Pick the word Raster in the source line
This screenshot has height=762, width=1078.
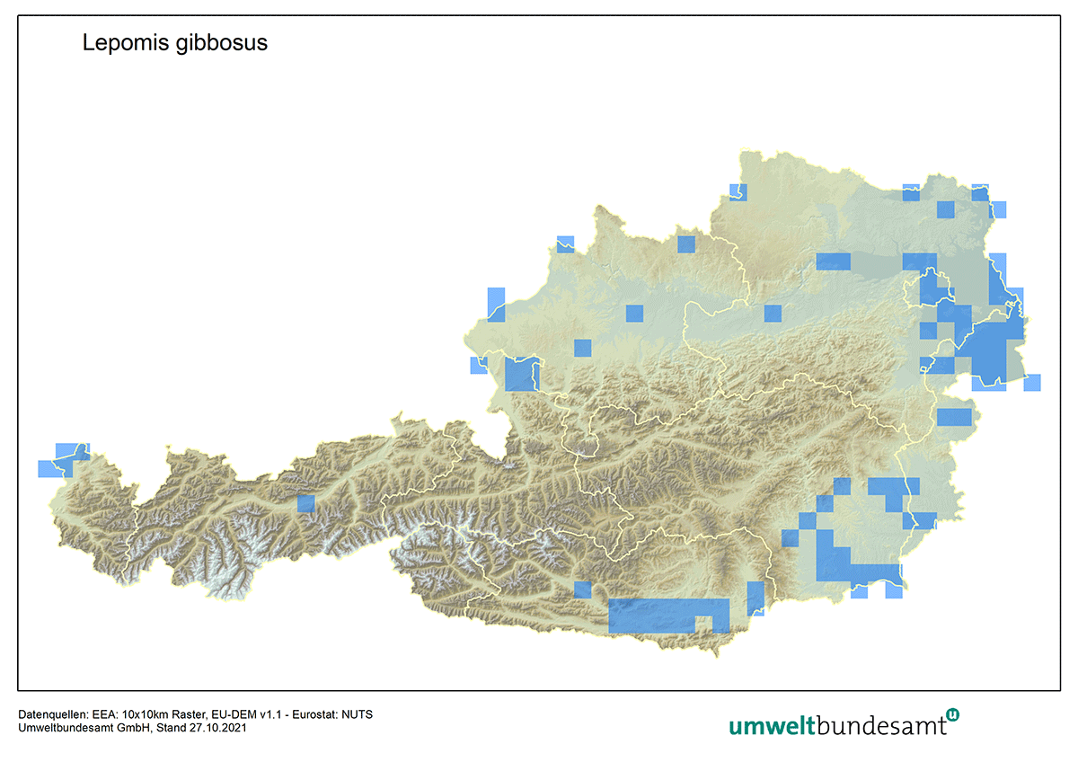point(188,714)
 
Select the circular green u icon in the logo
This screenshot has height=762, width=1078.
point(952,714)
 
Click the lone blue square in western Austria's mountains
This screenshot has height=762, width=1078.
point(306,503)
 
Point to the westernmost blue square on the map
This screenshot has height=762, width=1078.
point(46,468)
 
